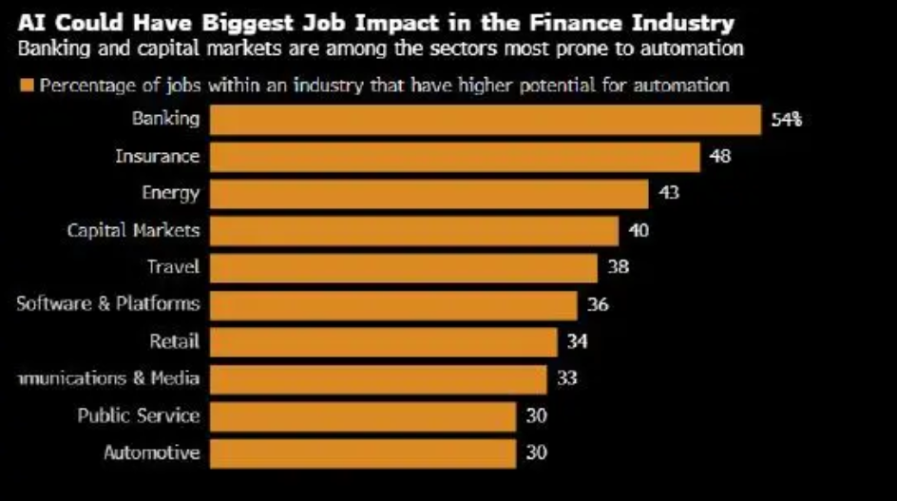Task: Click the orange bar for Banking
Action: [485, 120]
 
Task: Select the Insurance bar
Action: [454, 157]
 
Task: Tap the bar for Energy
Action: [429, 194]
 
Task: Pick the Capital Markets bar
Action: [413, 231]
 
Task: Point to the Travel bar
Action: [403, 268]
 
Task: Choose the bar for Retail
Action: [383, 342]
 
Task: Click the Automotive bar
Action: [362, 453]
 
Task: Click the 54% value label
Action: [788, 121]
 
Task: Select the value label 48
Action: [720, 157]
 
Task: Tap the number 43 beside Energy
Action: [668, 194]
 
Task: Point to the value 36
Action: [598, 305]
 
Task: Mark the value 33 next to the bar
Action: [567, 378]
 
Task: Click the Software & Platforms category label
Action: [108, 304]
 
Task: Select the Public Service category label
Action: [139, 415]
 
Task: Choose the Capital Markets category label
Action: [133, 230]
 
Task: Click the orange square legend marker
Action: [27, 87]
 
